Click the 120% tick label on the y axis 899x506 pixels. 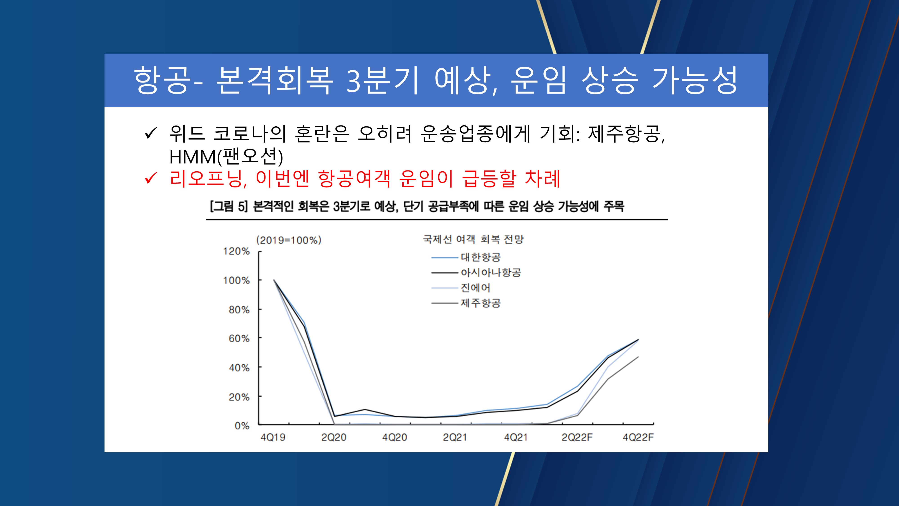coord(236,251)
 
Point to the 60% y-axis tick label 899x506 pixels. coord(239,339)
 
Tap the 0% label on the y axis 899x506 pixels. coord(242,426)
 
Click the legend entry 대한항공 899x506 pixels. coord(481,257)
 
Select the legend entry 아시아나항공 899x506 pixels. coord(491,273)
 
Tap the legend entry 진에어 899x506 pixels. coord(475,288)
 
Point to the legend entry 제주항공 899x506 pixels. coord(481,303)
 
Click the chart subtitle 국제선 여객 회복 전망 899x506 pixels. coord(473,240)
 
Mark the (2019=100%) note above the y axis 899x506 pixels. coord(289,240)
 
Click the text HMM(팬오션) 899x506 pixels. coord(226,157)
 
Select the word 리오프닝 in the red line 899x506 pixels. coord(206,179)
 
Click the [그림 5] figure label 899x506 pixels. coord(229,207)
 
